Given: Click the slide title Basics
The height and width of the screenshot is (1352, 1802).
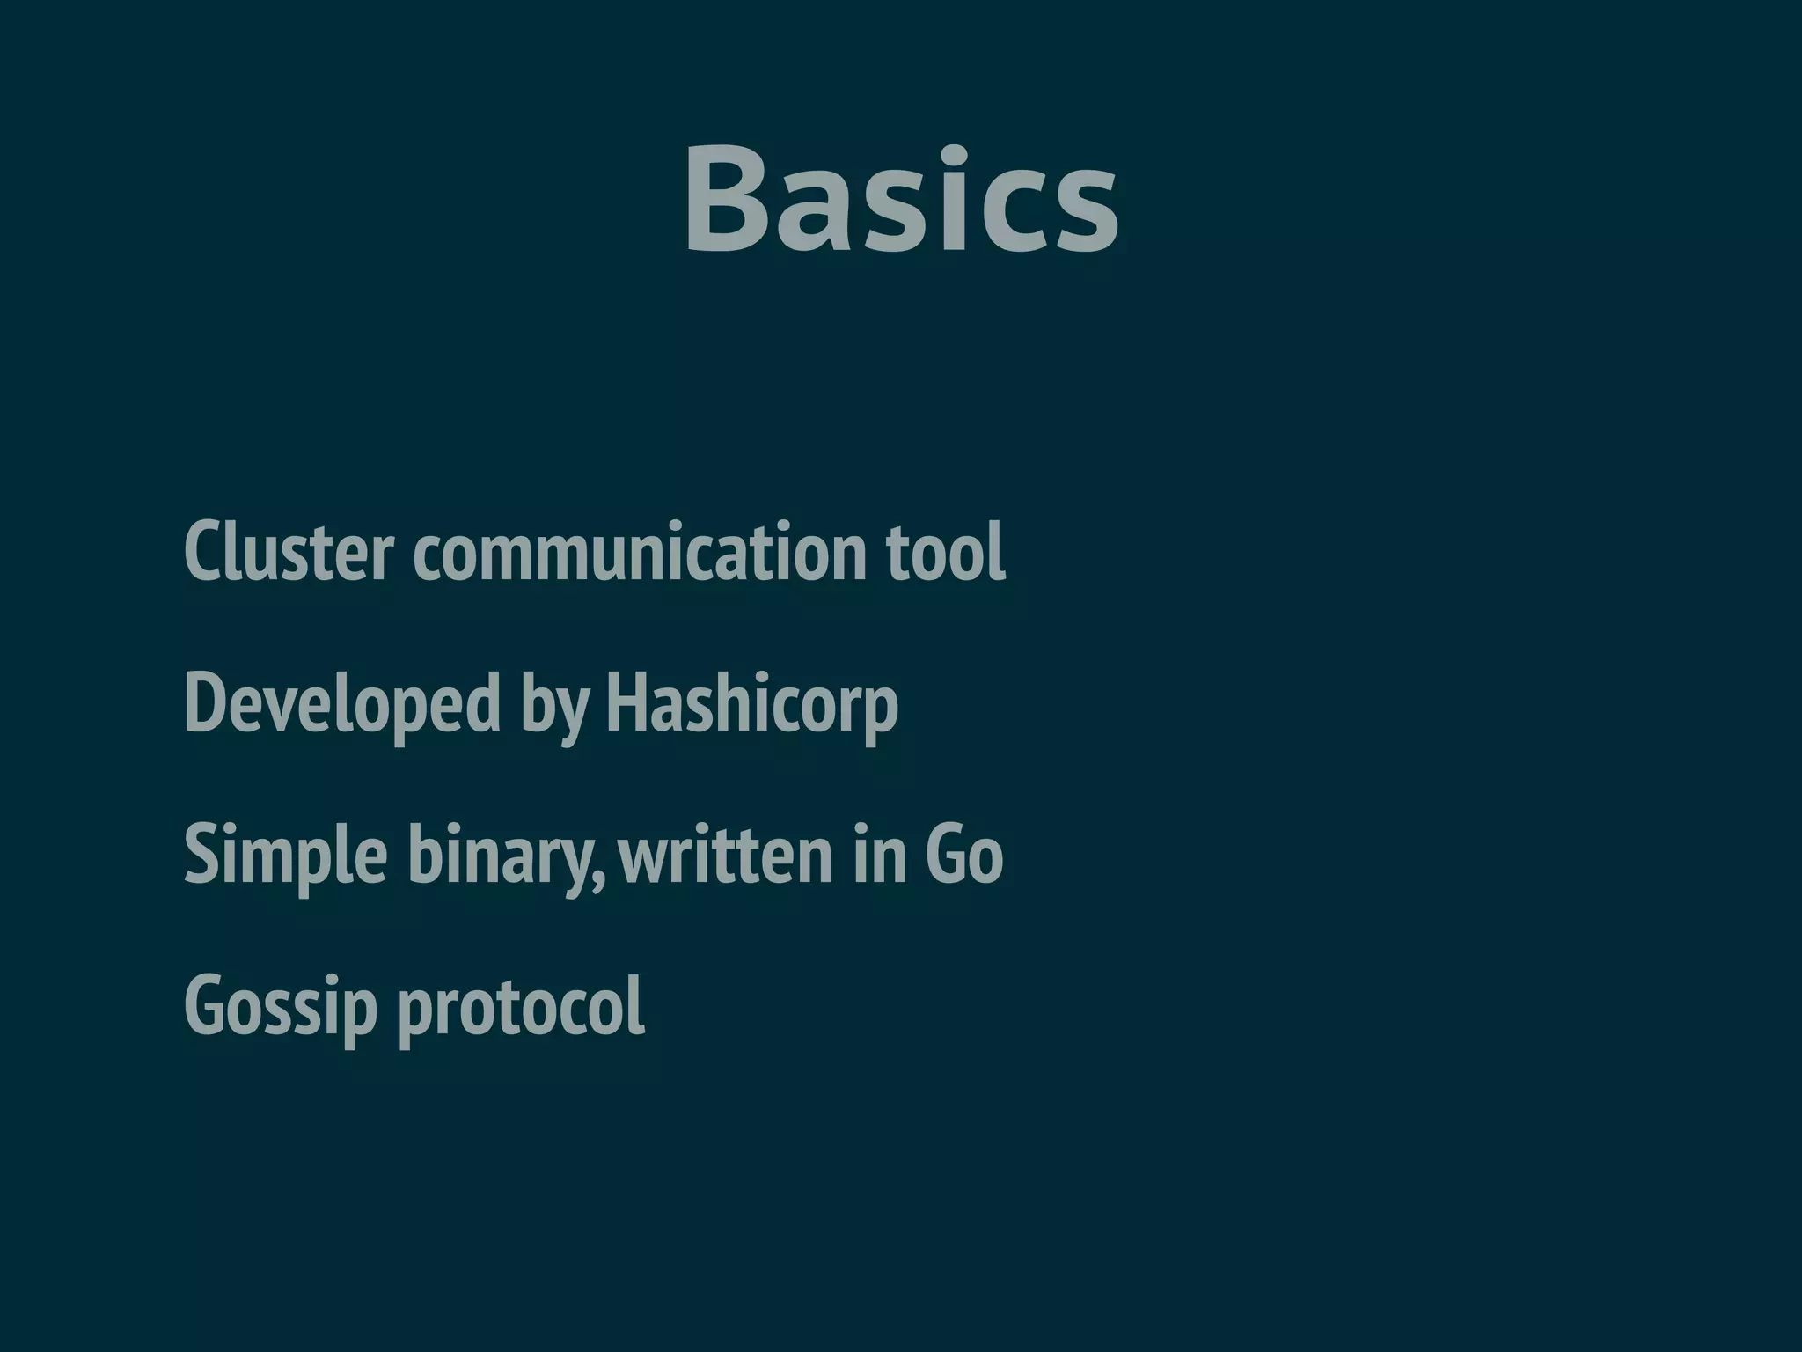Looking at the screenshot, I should [x=901, y=201].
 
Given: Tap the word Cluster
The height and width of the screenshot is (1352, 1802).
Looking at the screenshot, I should [x=288, y=552].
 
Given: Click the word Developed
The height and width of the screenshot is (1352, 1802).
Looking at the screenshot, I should [x=342, y=704].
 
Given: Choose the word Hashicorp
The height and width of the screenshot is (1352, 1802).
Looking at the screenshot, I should [x=752, y=704].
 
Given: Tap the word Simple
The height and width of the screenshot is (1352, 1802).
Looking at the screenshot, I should [x=286, y=856].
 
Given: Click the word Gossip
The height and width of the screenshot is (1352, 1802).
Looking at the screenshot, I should [x=281, y=1008].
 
